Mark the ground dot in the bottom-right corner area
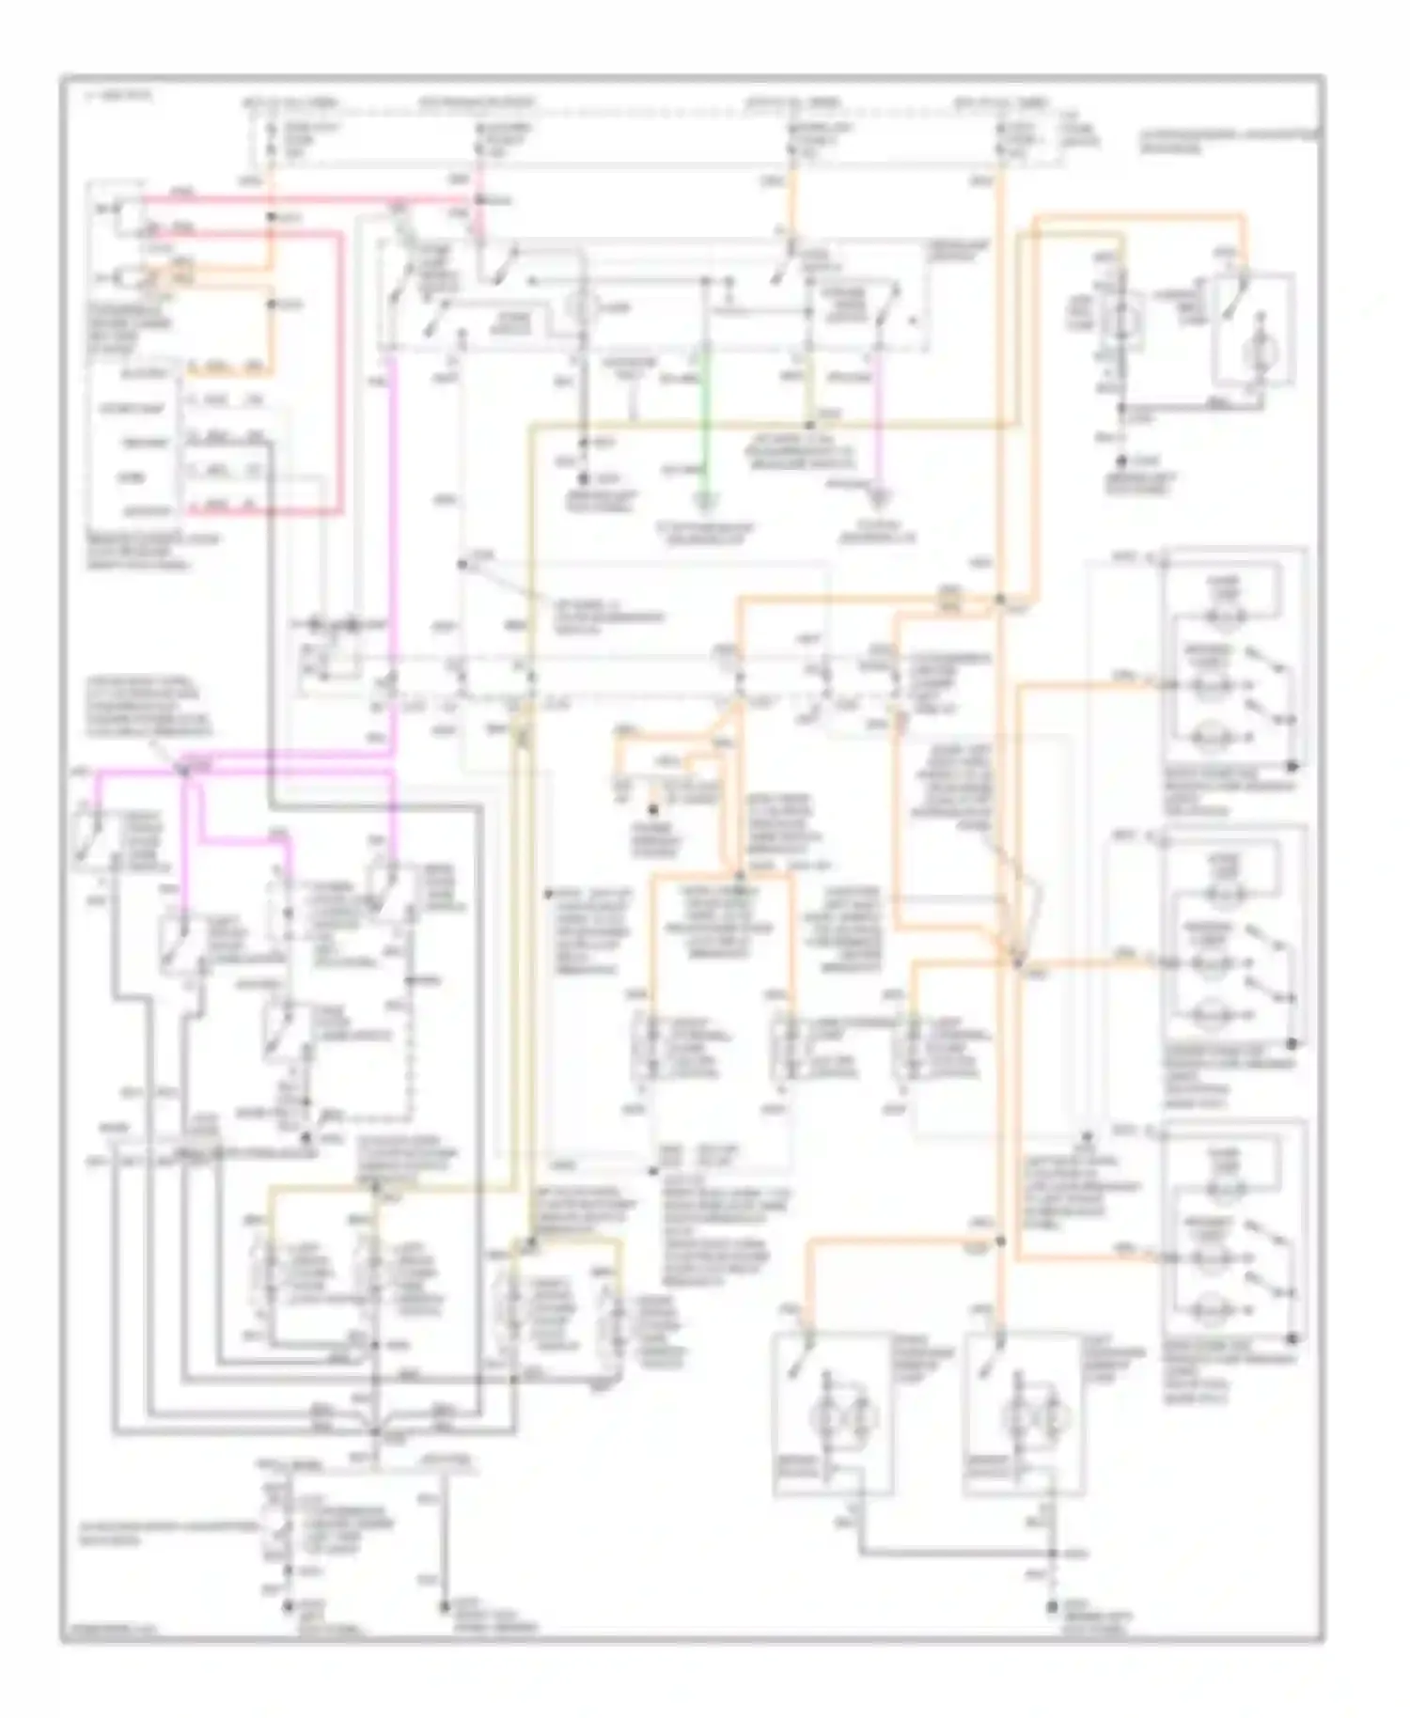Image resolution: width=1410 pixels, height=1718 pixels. (x=1053, y=1610)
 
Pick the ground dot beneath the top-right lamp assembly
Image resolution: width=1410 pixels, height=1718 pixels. (x=1122, y=461)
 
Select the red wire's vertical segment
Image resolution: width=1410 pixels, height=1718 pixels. (x=339, y=376)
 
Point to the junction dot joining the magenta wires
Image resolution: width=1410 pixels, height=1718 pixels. (x=185, y=769)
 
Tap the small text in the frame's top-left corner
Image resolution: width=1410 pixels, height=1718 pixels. (x=103, y=96)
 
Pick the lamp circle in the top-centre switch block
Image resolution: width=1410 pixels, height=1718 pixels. (x=580, y=306)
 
